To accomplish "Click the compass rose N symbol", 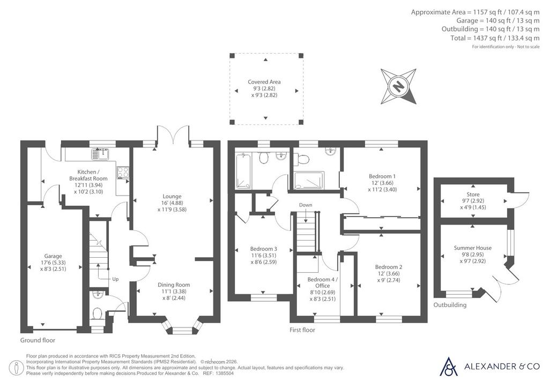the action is (x=398, y=86).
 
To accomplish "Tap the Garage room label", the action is (x=53, y=256).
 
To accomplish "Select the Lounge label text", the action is (x=172, y=196).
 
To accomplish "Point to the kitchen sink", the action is (x=100, y=154).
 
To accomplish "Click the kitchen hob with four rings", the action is (x=123, y=172).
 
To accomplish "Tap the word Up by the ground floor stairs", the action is (x=115, y=279).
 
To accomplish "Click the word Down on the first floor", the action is (x=306, y=205).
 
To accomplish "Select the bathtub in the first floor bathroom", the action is (x=243, y=171).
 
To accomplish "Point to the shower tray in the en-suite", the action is (x=309, y=180).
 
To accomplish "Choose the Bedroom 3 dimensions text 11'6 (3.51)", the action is (x=264, y=255).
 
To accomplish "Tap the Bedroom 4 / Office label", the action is (x=322, y=282).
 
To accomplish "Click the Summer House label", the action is (x=473, y=248).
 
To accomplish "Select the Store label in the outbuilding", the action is (x=473, y=194).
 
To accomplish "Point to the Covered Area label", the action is (x=264, y=81).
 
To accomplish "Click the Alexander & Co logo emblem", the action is (x=449, y=367).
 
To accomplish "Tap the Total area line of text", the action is (x=495, y=38).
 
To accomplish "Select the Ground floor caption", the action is (x=38, y=340).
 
